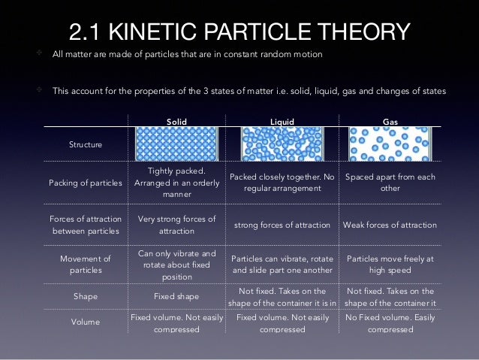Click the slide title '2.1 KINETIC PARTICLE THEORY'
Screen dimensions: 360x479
pos(239,32)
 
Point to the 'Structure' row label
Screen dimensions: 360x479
pos(85,144)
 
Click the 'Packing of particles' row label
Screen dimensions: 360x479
pos(85,183)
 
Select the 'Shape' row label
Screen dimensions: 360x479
pos(85,296)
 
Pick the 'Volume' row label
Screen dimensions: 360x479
pos(85,322)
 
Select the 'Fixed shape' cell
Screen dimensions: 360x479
pos(177,296)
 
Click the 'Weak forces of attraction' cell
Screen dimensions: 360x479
pos(390,225)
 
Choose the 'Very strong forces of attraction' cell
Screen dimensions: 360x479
pos(177,225)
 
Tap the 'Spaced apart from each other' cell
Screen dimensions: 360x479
pos(390,183)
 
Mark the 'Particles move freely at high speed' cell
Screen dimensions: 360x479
pos(390,263)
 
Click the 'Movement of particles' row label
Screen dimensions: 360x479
pos(85,263)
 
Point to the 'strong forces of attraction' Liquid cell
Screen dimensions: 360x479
pos(282,225)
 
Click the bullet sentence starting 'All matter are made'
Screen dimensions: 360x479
pos(187,54)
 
